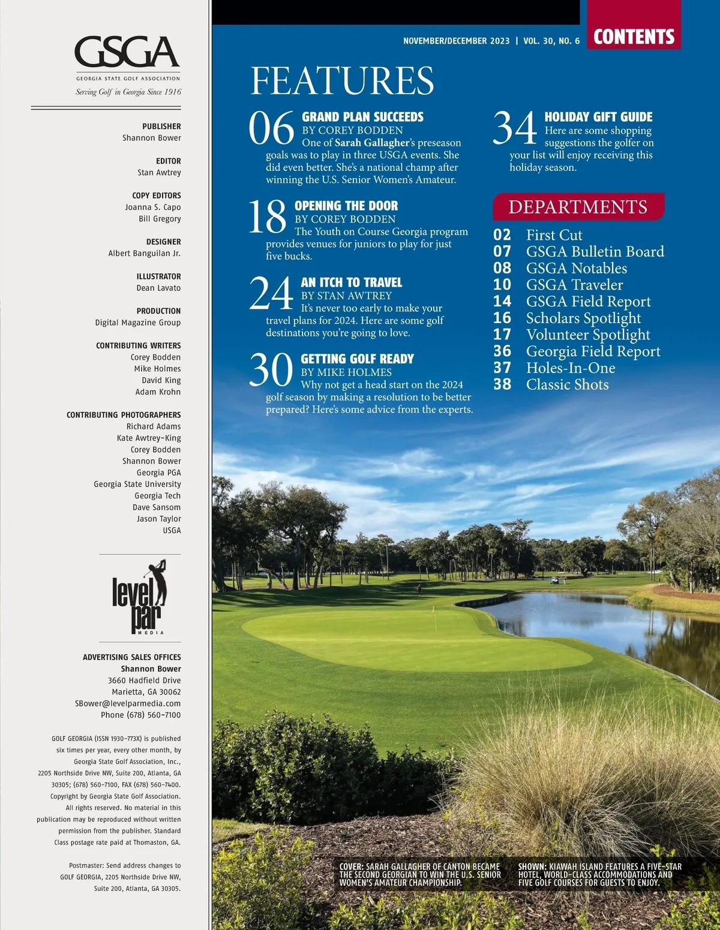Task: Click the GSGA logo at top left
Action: [x=127, y=53]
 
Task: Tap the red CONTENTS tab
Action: [x=634, y=37]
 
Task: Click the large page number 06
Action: [x=271, y=128]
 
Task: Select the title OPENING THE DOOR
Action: [x=346, y=206]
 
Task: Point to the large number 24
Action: [x=271, y=294]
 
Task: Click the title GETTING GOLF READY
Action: [x=357, y=359]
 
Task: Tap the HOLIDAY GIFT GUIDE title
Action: [x=598, y=117]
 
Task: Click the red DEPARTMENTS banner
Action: [x=578, y=207]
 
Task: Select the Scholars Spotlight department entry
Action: [x=583, y=318]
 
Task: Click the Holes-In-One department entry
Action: [x=571, y=368]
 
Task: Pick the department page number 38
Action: [x=502, y=384]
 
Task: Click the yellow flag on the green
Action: [x=434, y=610]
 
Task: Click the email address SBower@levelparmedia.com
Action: [x=128, y=703]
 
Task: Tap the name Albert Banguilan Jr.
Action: [x=145, y=253]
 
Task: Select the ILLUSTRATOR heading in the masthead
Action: [x=158, y=276]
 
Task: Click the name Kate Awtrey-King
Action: [x=149, y=438]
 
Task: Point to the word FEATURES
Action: [x=342, y=80]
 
